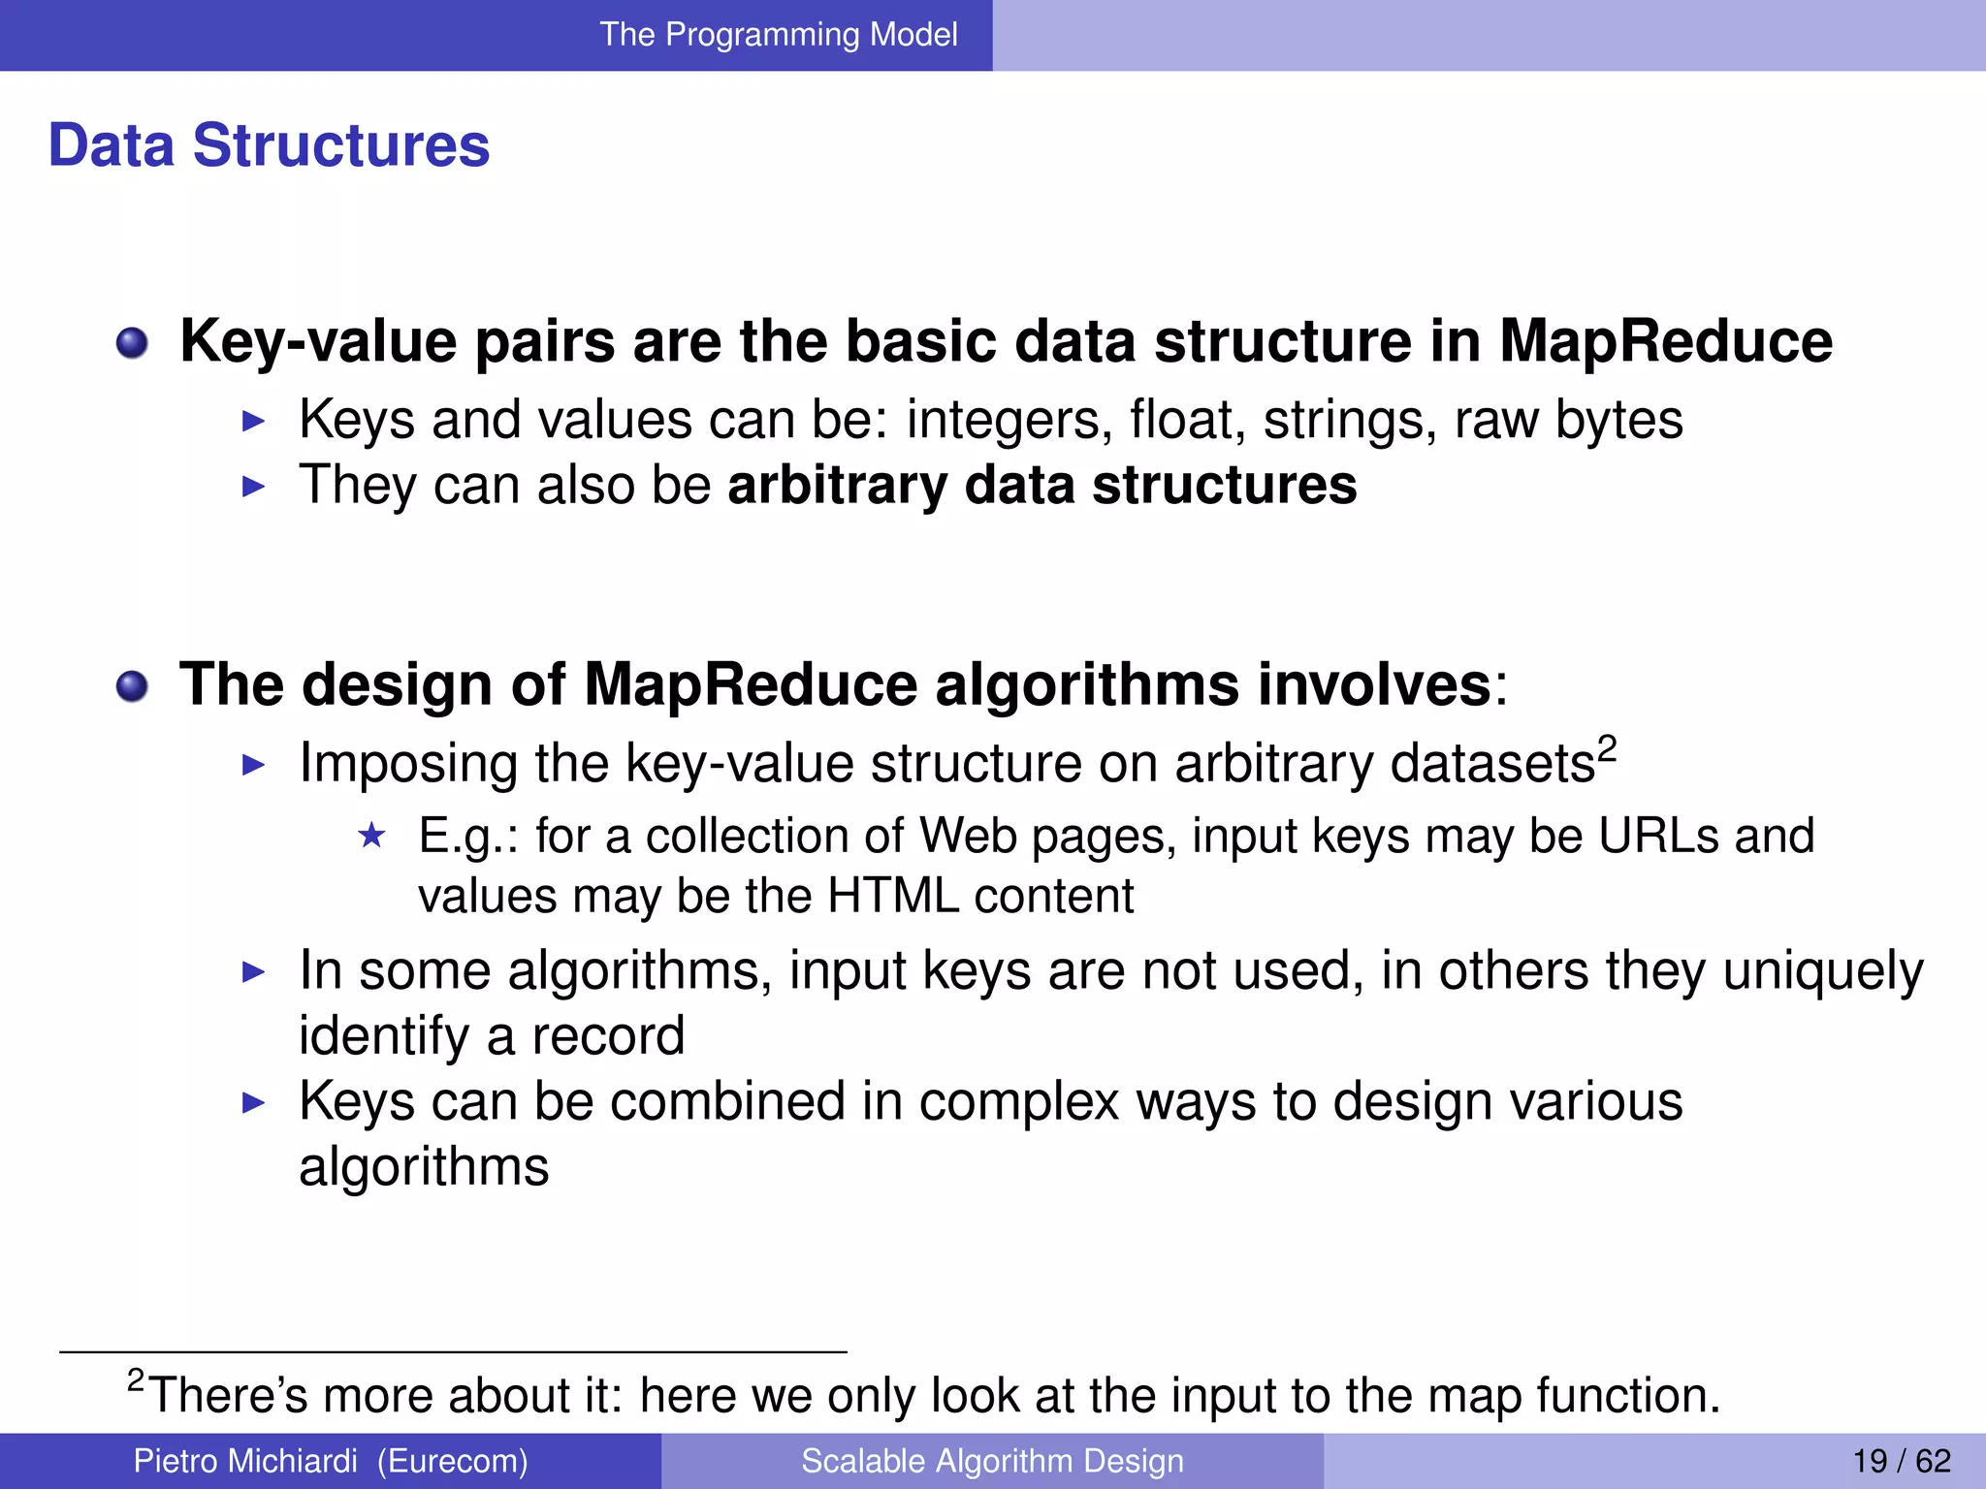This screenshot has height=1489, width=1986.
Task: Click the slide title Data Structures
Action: [269, 145]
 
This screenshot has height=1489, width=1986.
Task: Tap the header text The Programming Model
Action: [778, 35]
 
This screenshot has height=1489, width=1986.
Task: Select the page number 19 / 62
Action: [1901, 1461]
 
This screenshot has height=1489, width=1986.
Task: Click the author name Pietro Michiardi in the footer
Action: [244, 1461]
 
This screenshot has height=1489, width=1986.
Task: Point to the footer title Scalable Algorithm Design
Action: [992, 1461]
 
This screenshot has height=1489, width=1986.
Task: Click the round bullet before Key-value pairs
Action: [132, 343]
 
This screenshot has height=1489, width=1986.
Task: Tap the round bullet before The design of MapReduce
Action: [132, 687]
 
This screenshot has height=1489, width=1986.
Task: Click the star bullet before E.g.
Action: [371, 836]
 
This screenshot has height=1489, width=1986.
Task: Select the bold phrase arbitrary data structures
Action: [1041, 485]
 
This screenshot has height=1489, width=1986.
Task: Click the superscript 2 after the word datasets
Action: [1607, 747]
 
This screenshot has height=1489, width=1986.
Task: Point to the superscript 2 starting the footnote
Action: [136, 1378]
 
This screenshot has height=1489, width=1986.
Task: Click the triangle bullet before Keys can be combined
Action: [253, 1103]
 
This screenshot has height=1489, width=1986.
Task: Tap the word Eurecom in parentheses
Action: [452, 1461]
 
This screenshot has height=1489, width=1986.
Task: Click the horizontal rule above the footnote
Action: [453, 1351]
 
